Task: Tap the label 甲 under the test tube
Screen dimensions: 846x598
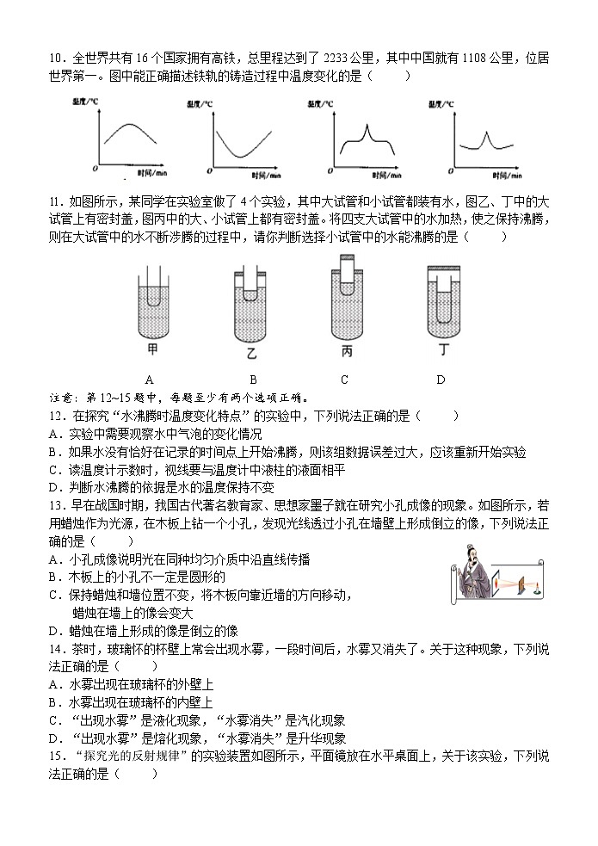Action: pos(153,349)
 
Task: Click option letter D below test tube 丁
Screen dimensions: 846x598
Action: pos(440,380)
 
